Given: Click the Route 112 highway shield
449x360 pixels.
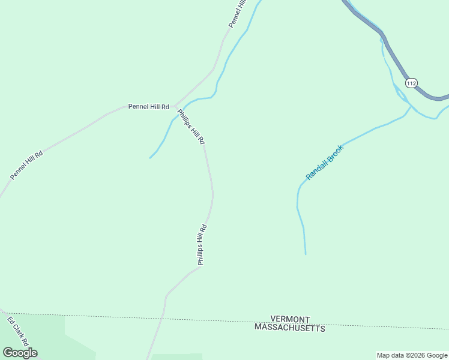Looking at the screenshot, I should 411,83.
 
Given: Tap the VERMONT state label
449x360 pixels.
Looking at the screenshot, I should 290,319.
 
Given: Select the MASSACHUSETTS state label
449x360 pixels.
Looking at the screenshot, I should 290,328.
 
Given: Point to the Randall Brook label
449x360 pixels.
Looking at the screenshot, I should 325,162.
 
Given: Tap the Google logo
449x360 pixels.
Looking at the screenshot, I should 20,353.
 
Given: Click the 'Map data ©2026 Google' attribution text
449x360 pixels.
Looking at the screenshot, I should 412,355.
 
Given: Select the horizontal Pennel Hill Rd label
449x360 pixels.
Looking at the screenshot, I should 149,107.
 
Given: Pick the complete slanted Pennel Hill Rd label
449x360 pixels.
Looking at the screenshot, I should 26,165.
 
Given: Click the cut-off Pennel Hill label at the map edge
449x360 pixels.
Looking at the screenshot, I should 238,13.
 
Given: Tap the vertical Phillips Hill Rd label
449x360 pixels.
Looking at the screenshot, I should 202,245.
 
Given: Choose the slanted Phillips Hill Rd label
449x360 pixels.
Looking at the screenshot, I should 191,127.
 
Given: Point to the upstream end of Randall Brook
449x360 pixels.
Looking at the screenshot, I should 306,254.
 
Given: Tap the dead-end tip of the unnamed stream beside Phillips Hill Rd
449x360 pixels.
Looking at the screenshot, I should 150,158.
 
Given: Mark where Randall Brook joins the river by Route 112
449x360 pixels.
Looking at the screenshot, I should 411,107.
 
